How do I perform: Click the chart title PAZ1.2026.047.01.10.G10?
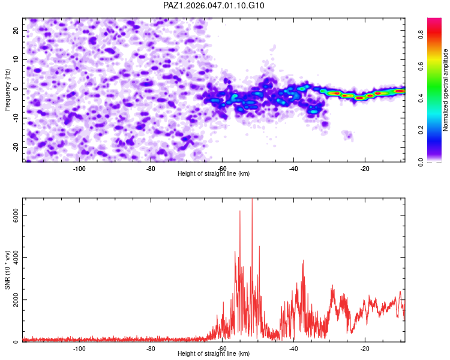click(214, 5)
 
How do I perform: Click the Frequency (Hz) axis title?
click(7, 90)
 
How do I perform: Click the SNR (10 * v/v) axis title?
click(7, 270)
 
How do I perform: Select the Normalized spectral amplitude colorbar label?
click(445, 90)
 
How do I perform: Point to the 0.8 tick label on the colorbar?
click(421, 35)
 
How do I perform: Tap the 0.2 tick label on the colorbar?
click(421, 130)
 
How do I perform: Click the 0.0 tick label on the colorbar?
click(421, 161)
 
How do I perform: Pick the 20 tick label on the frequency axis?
click(16, 30)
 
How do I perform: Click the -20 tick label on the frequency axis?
click(16, 147)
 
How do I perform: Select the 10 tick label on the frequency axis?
click(16, 59)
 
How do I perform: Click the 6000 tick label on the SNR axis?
click(16, 215)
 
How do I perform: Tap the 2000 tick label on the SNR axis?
click(16, 300)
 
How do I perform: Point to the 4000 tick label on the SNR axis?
click(16, 257)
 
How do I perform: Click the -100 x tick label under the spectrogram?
click(79, 169)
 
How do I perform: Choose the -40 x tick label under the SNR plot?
click(293, 349)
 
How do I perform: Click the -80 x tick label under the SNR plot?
click(151, 349)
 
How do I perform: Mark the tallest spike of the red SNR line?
click(252, 199)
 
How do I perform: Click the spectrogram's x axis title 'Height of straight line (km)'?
click(214, 173)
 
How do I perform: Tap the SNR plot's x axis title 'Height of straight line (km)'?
click(214, 353)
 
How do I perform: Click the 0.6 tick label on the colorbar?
click(421, 67)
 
